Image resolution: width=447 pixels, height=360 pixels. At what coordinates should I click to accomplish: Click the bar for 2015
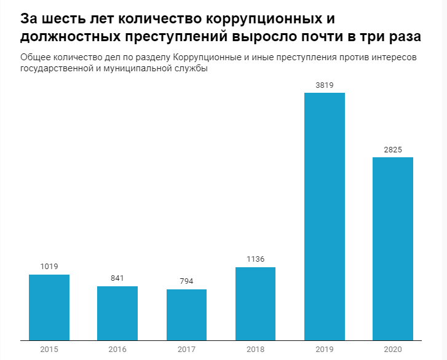(49, 307)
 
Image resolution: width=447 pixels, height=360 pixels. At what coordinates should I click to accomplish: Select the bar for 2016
(117, 313)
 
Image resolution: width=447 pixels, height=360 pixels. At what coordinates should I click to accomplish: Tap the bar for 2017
(186, 314)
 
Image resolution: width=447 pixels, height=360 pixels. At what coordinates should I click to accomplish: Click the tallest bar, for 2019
(325, 216)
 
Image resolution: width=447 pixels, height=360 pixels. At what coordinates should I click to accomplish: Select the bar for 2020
(393, 248)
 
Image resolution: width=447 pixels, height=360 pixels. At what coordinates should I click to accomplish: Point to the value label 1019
(49, 266)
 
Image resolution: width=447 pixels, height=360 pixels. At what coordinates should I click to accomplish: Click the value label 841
(117, 278)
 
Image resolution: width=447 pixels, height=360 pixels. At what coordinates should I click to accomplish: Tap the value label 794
(186, 281)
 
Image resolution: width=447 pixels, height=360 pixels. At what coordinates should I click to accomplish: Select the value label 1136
(255, 259)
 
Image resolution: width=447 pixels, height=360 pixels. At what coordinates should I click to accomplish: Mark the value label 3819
(325, 85)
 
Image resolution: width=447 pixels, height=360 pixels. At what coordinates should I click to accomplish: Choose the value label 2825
(393, 149)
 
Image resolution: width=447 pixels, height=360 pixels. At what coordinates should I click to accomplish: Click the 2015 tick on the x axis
(49, 349)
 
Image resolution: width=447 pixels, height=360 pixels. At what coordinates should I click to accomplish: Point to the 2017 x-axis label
(186, 349)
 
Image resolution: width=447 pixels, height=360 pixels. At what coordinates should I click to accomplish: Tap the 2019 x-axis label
(325, 349)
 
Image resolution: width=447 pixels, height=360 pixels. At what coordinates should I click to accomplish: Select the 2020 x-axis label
(393, 349)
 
